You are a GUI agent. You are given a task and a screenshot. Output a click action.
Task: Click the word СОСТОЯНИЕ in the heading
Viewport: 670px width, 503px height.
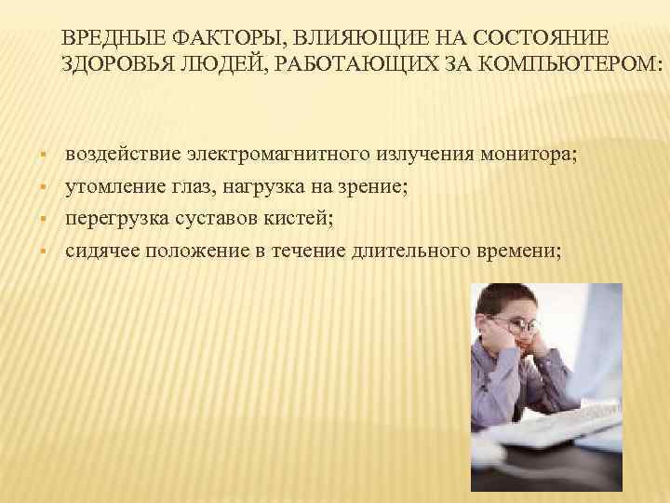coord(541,38)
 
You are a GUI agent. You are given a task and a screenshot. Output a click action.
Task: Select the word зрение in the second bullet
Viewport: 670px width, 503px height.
coord(364,188)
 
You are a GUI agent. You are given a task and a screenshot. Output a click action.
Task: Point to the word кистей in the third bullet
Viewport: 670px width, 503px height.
coord(301,220)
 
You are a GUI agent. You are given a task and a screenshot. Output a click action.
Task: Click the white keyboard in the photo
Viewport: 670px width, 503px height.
coord(558,438)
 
